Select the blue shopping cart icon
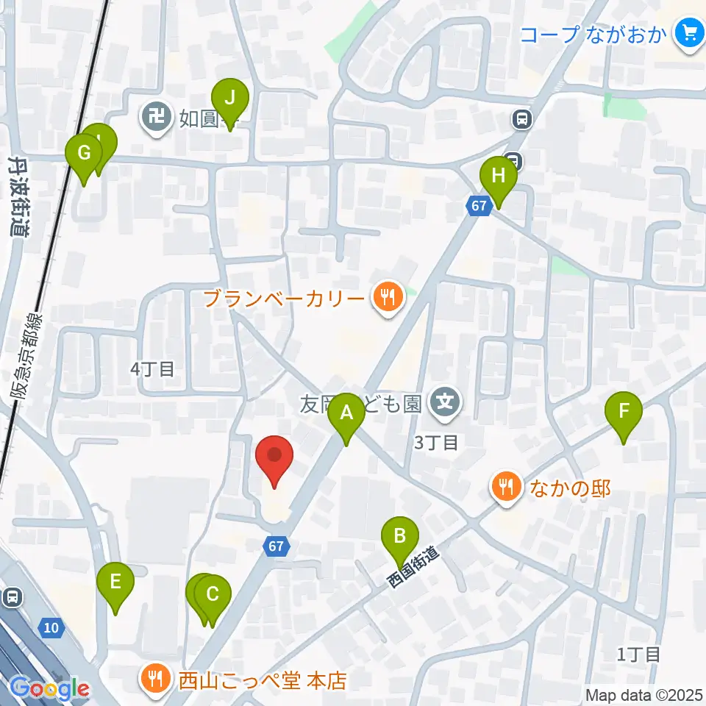pyautogui.click(x=690, y=34)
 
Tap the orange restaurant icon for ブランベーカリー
pyautogui.click(x=386, y=298)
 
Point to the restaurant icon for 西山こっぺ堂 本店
pyautogui.click(x=154, y=677)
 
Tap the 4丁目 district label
pyautogui.click(x=153, y=369)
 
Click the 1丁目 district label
pyautogui.click(x=638, y=654)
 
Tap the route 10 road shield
pyautogui.click(x=50, y=627)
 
